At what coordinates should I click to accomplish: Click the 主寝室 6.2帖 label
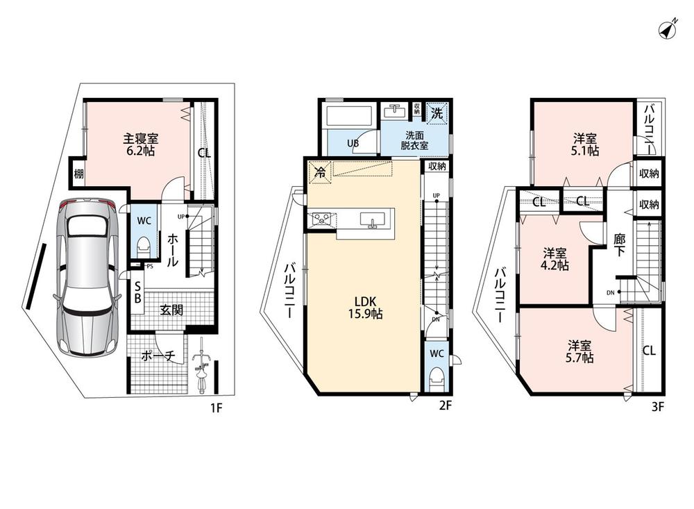pyautogui.click(x=140, y=145)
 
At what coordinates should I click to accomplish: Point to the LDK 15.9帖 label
pyautogui.click(x=365, y=308)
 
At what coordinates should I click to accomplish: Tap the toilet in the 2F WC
pyautogui.click(x=437, y=378)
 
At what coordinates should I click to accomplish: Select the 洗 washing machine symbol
pyautogui.click(x=437, y=112)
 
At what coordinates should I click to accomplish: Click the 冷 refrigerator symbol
pyautogui.click(x=319, y=172)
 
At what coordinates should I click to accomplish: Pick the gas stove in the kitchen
pyautogui.click(x=322, y=219)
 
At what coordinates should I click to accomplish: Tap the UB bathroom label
pyautogui.click(x=353, y=143)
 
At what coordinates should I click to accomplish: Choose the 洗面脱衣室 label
pyautogui.click(x=414, y=140)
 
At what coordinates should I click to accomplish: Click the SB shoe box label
pyautogui.click(x=137, y=292)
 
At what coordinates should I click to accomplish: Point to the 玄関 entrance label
pyautogui.click(x=171, y=310)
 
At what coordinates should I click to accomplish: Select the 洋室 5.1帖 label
pyautogui.click(x=584, y=145)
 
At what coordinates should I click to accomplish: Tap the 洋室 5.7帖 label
pyautogui.click(x=579, y=351)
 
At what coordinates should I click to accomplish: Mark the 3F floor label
pyautogui.click(x=658, y=406)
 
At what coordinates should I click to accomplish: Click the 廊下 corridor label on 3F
pyautogui.click(x=619, y=245)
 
